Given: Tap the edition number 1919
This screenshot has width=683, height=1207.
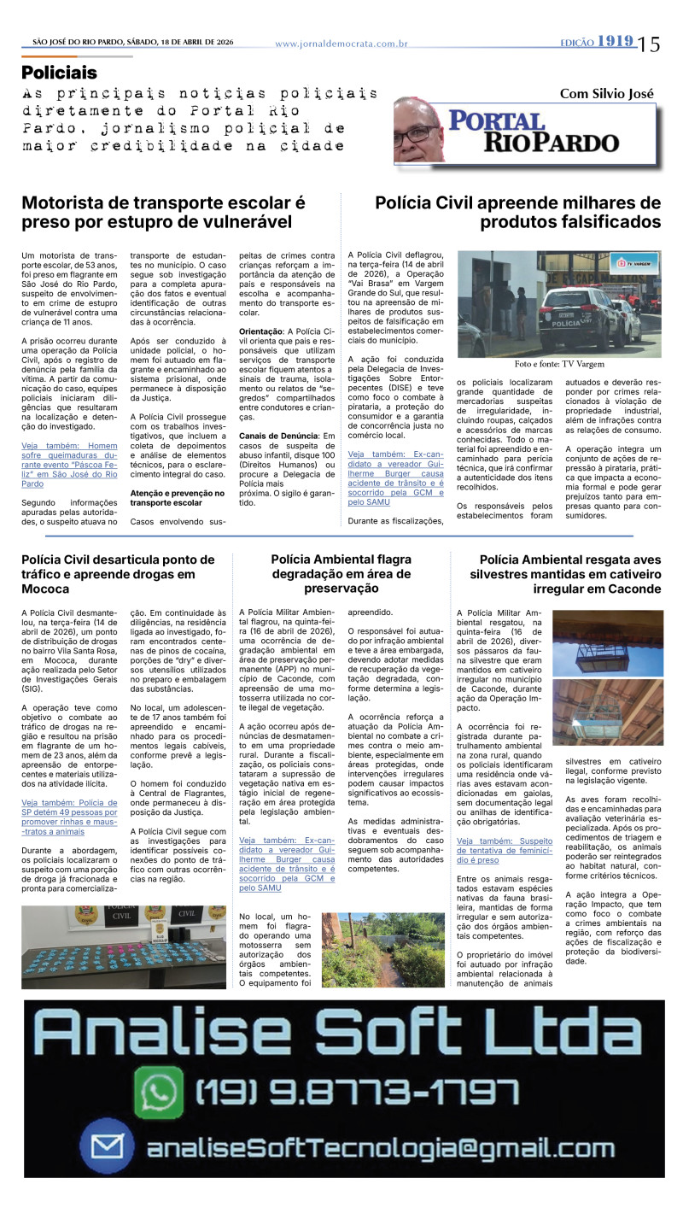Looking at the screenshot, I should (x=615, y=41).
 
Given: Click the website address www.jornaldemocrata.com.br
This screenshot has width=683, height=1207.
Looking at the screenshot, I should (x=341, y=44).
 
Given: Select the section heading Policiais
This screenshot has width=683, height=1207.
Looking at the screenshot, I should (x=59, y=73).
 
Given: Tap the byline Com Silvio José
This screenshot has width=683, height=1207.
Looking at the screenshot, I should (x=606, y=93).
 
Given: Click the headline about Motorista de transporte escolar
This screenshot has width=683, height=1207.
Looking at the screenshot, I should (x=163, y=213).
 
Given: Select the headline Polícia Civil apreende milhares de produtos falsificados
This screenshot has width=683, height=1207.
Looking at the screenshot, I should (x=518, y=213).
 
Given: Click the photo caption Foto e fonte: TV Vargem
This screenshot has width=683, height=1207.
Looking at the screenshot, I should (x=559, y=364).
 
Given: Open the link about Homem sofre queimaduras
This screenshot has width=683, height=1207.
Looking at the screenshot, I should (x=70, y=464).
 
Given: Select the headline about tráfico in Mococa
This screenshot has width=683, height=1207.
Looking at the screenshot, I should (x=118, y=574).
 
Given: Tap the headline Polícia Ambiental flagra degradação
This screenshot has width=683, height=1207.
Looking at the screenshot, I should (x=341, y=574).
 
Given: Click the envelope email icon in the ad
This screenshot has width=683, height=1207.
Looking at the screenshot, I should (x=108, y=1146).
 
